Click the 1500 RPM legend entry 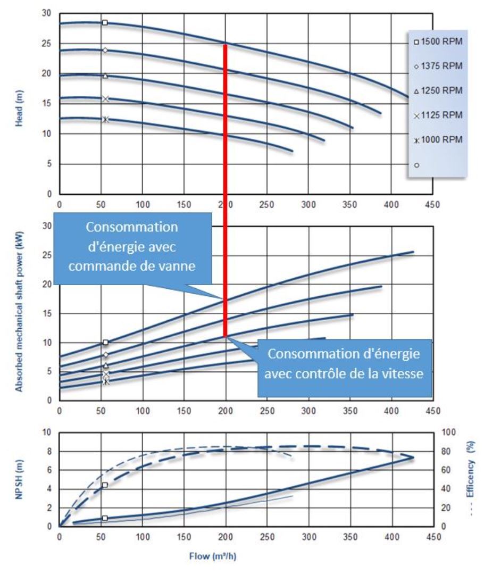(x=437, y=42)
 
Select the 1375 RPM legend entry (x=437, y=66)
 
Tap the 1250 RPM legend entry (x=437, y=90)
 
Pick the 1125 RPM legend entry (x=437, y=115)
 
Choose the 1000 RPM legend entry (x=437, y=139)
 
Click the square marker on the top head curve (x=105, y=22)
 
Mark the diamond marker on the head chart (x=105, y=51)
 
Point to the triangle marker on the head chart (x=105, y=76)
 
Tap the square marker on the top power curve (x=105, y=342)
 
